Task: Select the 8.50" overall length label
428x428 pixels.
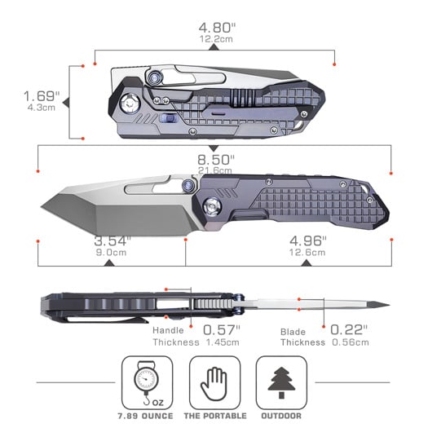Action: (214, 158)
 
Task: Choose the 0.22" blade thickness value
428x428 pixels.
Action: (349, 330)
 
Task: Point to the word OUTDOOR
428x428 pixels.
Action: (280, 414)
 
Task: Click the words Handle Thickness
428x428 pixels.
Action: (176, 337)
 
